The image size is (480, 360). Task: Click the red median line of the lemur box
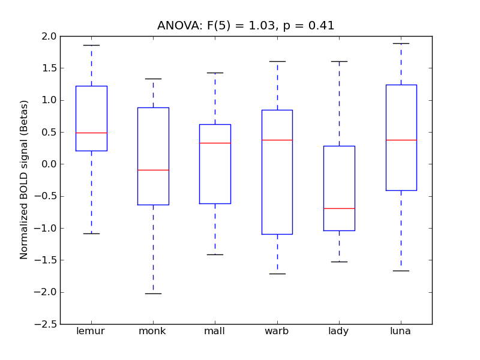[91, 133]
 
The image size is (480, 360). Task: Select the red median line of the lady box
[339, 208]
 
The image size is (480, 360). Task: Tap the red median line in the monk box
[153, 170]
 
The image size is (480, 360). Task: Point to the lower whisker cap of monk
[153, 293]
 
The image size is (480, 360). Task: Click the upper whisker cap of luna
[401, 43]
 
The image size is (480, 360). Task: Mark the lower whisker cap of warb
[277, 274]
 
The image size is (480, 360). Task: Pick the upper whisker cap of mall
[215, 73]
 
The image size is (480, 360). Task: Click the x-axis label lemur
[91, 331]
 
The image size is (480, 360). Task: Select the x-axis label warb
[277, 331]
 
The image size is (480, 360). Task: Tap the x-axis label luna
[401, 331]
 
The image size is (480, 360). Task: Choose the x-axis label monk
[153, 331]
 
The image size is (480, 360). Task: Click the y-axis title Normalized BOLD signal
[24, 180]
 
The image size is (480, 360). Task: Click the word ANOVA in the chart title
[176, 26]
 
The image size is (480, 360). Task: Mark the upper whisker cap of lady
[339, 61]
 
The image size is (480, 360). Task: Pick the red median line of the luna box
[401, 140]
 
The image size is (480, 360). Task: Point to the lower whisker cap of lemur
[91, 233]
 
